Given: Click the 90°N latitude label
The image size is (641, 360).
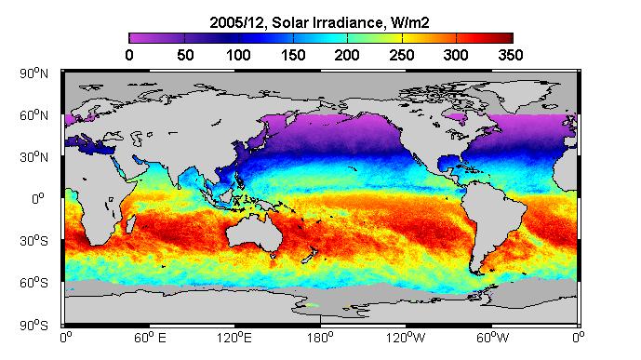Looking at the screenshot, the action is (33, 73).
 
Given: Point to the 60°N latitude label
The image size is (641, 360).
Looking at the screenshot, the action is (33, 115).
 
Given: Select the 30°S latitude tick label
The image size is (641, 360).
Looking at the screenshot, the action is (33, 241).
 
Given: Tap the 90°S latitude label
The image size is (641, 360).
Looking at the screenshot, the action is (33, 326).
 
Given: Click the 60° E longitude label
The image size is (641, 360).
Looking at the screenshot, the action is (150, 338).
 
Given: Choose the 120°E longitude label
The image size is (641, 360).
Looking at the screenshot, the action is (234, 338).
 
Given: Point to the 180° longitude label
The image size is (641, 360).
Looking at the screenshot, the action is (320, 338).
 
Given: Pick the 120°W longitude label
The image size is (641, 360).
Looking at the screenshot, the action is (406, 338).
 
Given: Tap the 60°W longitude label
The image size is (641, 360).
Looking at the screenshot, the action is (492, 338).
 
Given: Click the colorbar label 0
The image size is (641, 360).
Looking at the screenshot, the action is (129, 55).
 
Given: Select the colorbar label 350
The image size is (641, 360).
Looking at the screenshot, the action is (511, 55).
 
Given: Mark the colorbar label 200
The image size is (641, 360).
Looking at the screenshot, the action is (347, 55).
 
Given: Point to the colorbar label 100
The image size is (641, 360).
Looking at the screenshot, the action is (238, 55).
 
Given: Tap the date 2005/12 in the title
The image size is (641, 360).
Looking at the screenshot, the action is (238, 22).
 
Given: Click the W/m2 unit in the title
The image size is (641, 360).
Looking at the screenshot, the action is (410, 22).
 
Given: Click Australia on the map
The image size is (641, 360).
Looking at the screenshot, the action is (253, 232).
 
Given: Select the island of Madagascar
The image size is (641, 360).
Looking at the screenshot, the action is (131, 224).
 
